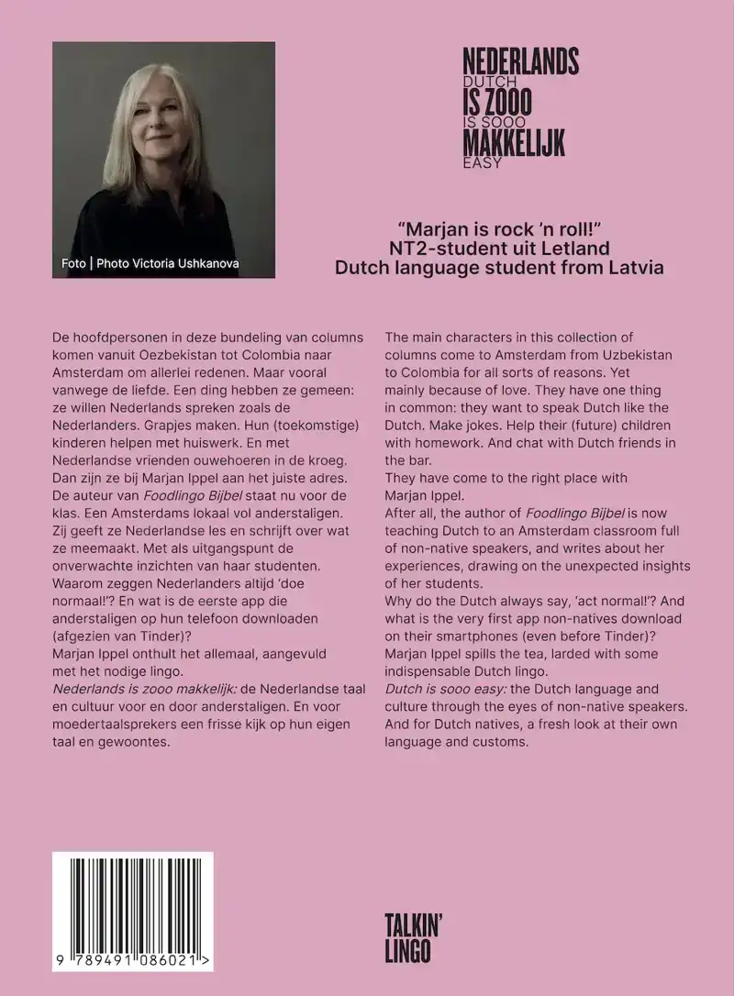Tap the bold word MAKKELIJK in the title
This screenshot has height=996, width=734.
(514, 142)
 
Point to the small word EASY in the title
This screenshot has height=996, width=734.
(483, 164)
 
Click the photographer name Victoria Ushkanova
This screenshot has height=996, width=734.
(193, 264)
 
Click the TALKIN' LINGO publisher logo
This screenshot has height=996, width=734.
(409, 938)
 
